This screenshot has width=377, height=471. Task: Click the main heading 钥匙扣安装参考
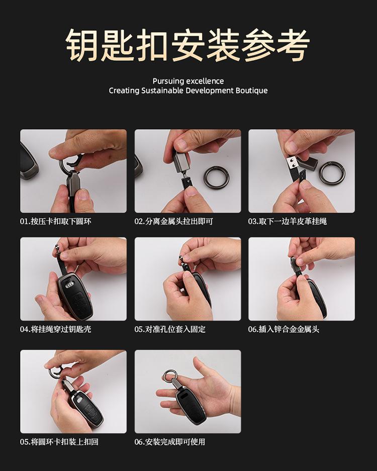[x=188, y=45]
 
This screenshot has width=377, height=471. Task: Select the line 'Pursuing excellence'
[x=188, y=81]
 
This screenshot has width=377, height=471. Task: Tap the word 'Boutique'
[x=251, y=90]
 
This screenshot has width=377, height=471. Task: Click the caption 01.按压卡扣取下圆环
[x=56, y=222]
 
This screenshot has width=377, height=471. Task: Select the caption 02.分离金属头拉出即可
[x=173, y=222]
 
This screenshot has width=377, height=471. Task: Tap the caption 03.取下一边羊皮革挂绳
[x=288, y=222]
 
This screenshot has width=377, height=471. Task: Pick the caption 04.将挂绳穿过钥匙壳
[x=56, y=329]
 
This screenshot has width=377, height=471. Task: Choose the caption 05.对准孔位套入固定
[x=170, y=329]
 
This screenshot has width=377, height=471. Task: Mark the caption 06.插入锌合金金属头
[x=284, y=329]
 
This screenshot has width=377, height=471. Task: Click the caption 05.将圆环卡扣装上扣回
[x=59, y=442]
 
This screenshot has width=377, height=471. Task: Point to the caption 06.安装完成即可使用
[x=170, y=442]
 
